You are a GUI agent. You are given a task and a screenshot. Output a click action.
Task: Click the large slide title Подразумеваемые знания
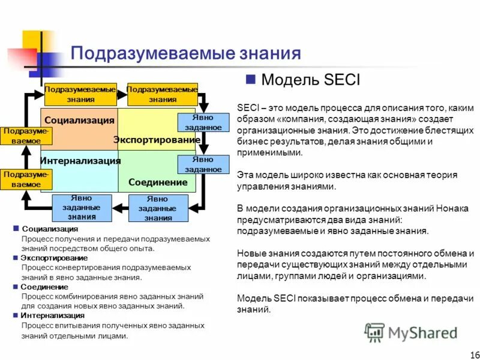(x=185, y=53)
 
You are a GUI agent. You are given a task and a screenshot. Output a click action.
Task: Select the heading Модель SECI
(x=311, y=80)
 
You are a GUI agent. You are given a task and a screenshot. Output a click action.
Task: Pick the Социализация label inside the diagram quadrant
(x=79, y=120)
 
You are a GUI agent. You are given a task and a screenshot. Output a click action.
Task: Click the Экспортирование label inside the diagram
(x=157, y=140)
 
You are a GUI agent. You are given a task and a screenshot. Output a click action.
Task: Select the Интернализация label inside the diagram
(x=80, y=161)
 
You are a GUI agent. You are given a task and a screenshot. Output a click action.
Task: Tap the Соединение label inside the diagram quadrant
(x=158, y=182)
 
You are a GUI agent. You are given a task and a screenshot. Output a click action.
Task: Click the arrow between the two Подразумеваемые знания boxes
(x=121, y=94)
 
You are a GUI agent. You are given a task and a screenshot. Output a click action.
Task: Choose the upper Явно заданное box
(x=203, y=123)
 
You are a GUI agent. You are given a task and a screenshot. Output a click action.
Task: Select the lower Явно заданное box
(x=203, y=164)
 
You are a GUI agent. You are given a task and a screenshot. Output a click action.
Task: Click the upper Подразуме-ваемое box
(x=26, y=136)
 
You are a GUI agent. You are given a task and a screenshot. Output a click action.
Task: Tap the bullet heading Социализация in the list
(x=50, y=229)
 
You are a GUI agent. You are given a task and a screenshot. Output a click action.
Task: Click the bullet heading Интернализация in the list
(x=52, y=315)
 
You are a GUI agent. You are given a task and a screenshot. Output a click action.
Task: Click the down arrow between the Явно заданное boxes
(x=203, y=144)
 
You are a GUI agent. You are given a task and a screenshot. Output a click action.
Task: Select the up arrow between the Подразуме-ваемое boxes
(x=26, y=157)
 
